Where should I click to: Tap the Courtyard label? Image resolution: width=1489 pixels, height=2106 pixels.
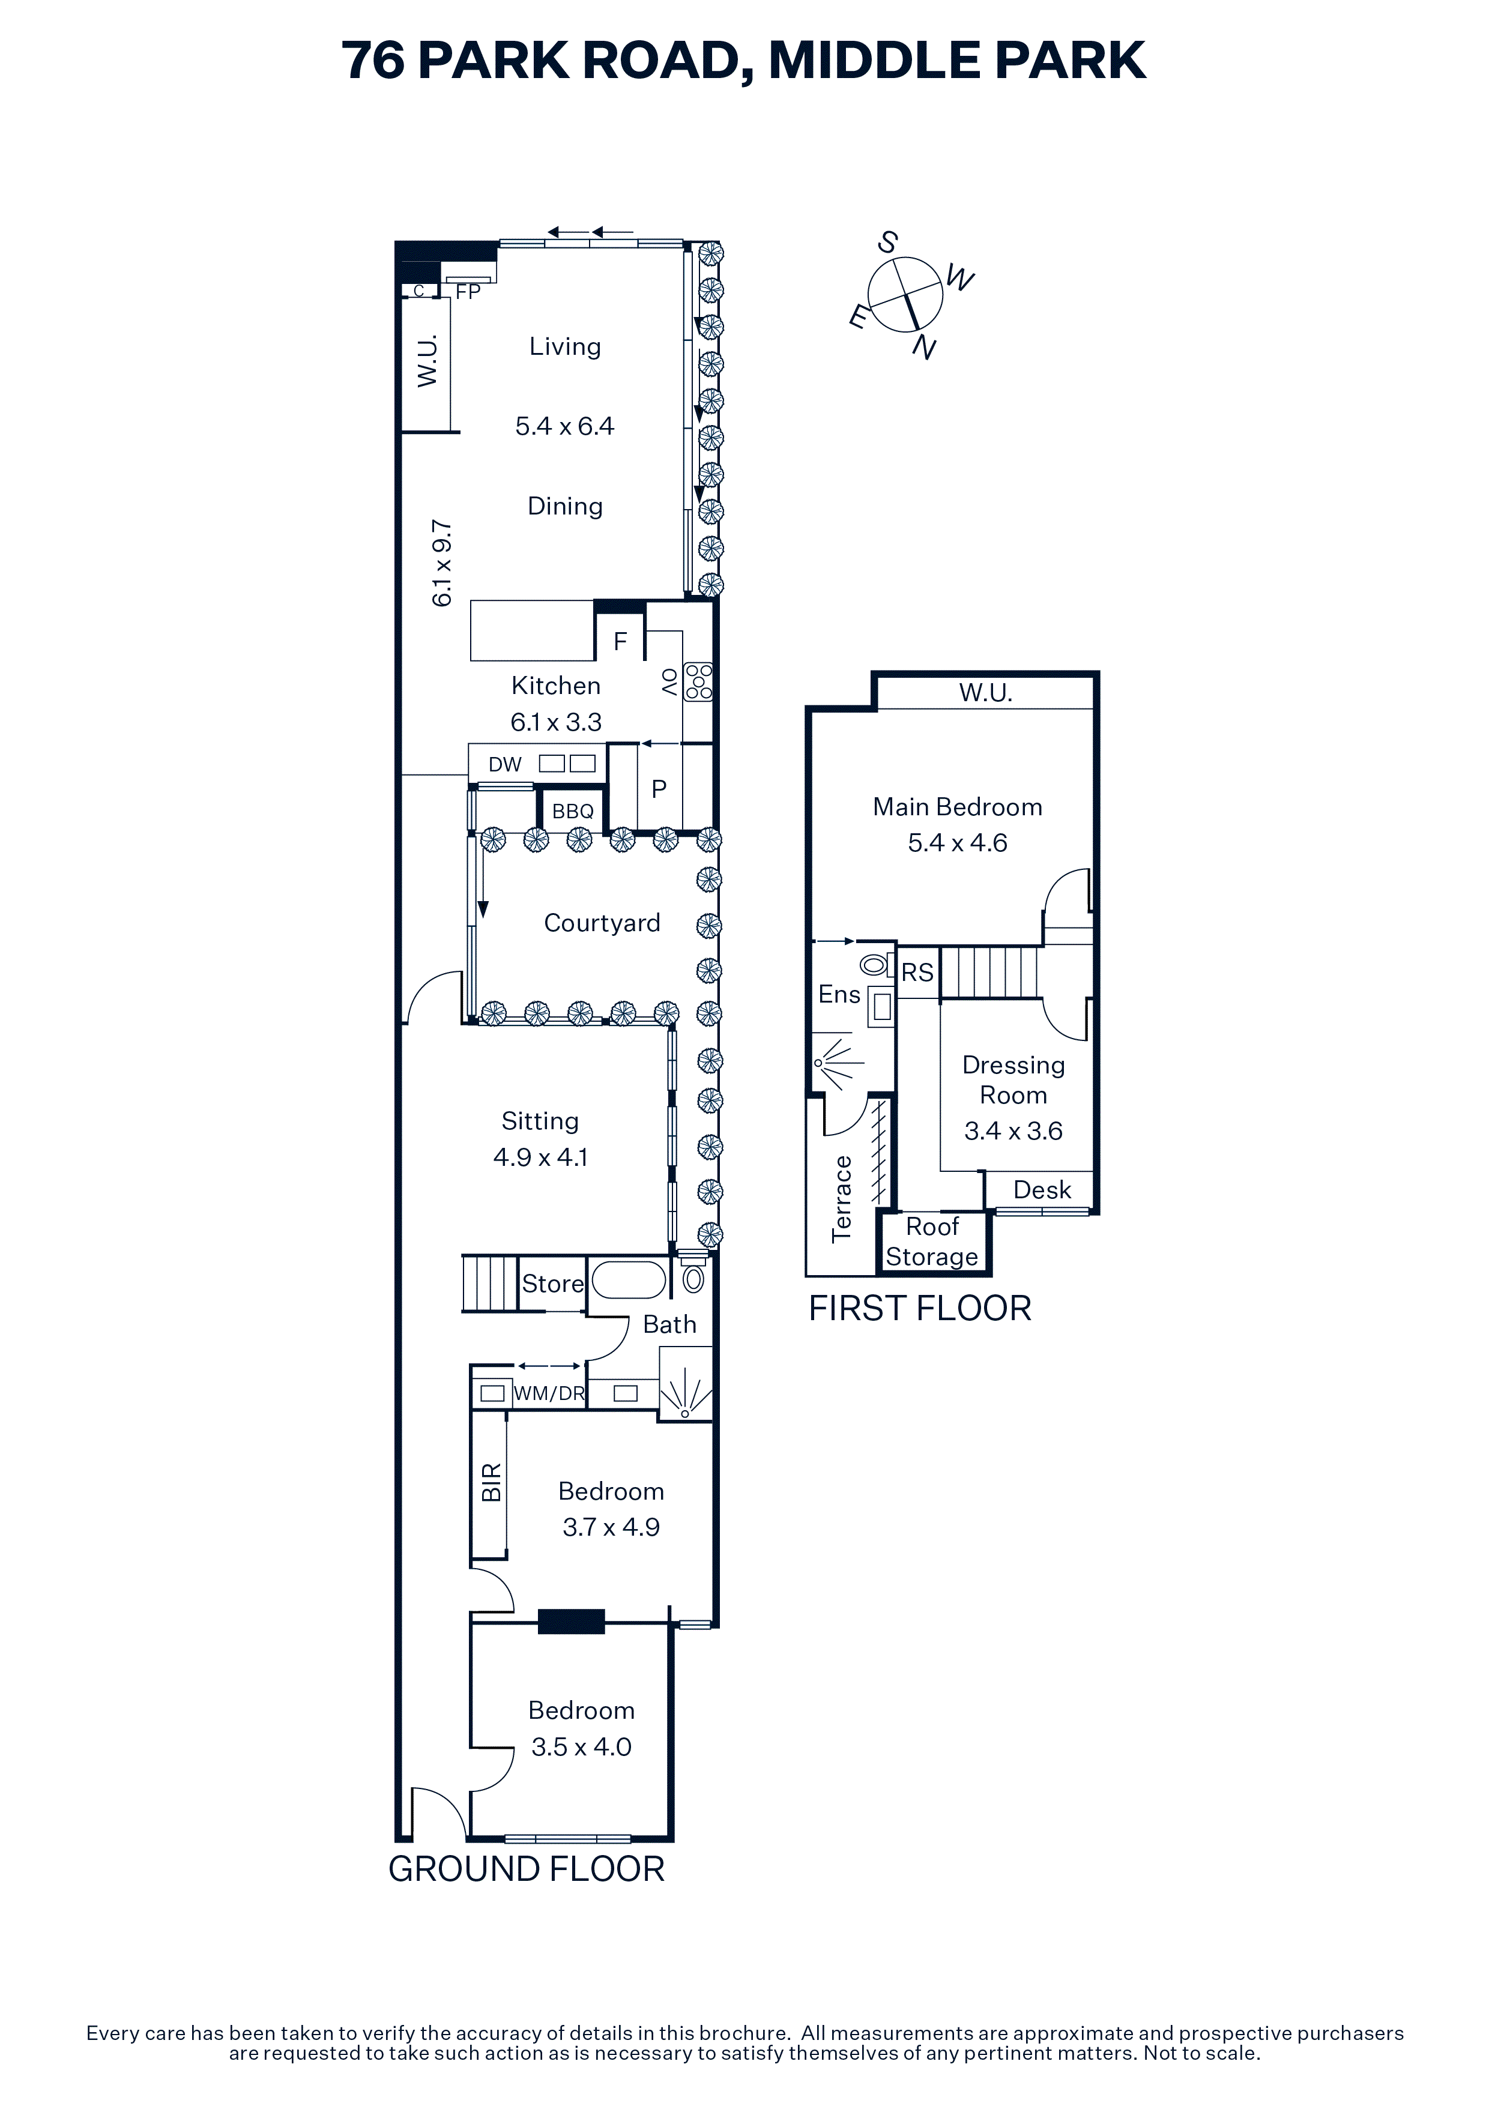[602, 923]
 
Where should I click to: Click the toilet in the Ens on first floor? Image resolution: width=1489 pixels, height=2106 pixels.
[874, 964]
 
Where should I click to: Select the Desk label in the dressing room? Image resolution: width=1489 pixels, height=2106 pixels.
[1042, 1190]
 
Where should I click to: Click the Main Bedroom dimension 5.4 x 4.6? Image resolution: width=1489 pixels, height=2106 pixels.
[958, 843]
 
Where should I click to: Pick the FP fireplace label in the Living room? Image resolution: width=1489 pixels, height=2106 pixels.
[468, 292]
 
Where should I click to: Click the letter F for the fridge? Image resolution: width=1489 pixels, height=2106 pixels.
[620, 641]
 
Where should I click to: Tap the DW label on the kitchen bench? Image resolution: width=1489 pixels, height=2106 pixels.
[504, 764]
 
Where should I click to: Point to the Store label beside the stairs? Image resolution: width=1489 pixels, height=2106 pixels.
[552, 1283]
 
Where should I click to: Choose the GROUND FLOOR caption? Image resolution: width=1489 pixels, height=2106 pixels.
[527, 1868]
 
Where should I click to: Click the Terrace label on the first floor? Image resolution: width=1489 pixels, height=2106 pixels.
[841, 1198]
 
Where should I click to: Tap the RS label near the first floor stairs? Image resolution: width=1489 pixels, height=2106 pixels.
[917, 973]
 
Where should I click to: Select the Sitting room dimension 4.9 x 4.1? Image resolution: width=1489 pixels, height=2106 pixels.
[540, 1157]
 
